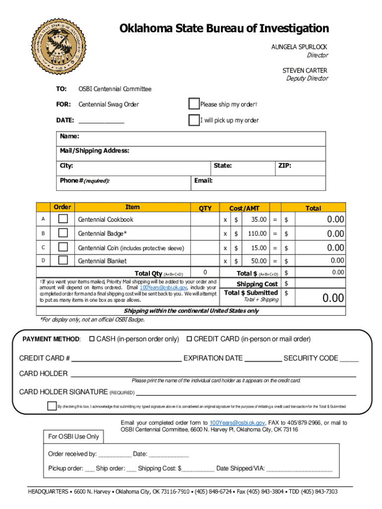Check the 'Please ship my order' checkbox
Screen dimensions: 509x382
(x=194, y=104)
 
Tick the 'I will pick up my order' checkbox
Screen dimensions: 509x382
(x=194, y=120)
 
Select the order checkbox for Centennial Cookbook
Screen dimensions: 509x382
(x=63, y=219)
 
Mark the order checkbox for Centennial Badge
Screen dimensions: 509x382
(x=63, y=233)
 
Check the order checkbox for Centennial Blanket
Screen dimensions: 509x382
(x=63, y=260)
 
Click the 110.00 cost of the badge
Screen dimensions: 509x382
(x=257, y=233)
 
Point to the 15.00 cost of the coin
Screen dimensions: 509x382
(x=258, y=248)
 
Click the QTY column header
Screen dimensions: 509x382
(x=205, y=208)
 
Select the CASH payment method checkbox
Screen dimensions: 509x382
(x=91, y=339)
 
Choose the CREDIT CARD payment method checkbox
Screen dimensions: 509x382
(x=189, y=339)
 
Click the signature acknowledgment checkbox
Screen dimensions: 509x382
(x=52, y=406)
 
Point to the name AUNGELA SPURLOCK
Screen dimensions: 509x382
(x=299, y=47)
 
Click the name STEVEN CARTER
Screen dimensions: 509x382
(x=305, y=71)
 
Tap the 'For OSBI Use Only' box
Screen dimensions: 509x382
(x=73, y=437)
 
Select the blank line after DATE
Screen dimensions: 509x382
(x=101, y=121)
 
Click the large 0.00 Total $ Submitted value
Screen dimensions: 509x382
(x=333, y=298)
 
